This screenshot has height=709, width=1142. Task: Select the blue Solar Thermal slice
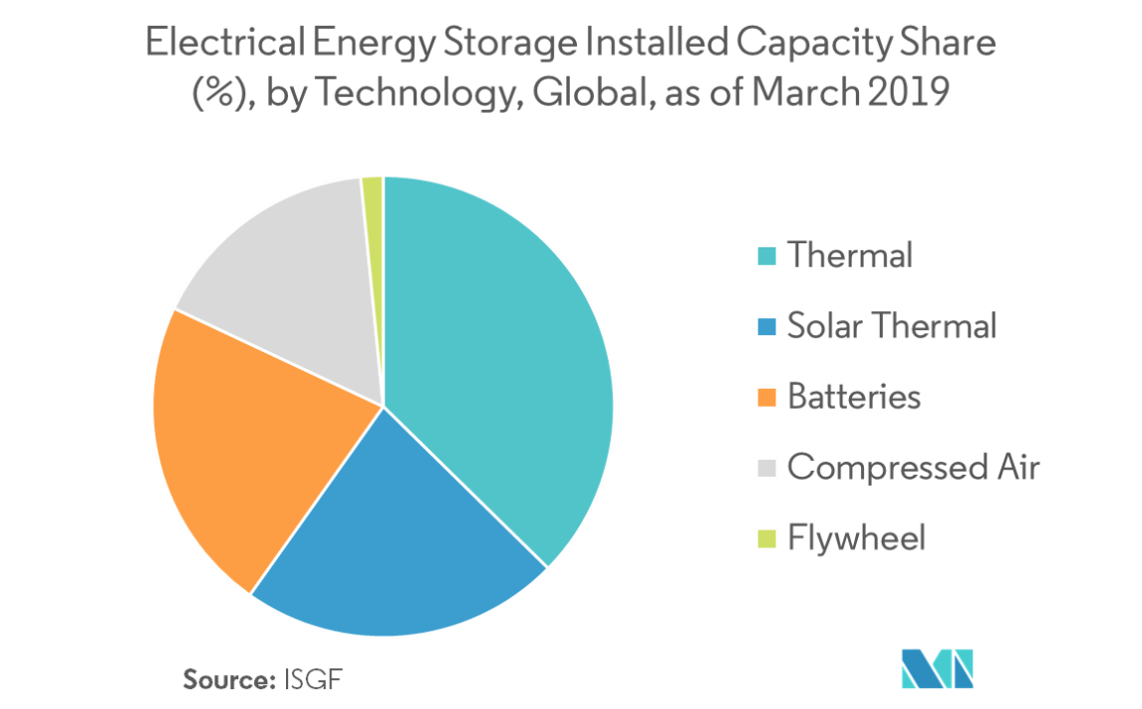(x=399, y=538)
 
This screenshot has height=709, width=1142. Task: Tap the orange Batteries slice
(x=239, y=439)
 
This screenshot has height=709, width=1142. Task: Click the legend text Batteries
(x=853, y=398)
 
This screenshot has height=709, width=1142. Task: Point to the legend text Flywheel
(x=855, y=539)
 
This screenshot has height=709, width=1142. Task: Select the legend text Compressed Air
(x=912, y=468)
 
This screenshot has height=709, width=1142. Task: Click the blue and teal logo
(x=937, y=668)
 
